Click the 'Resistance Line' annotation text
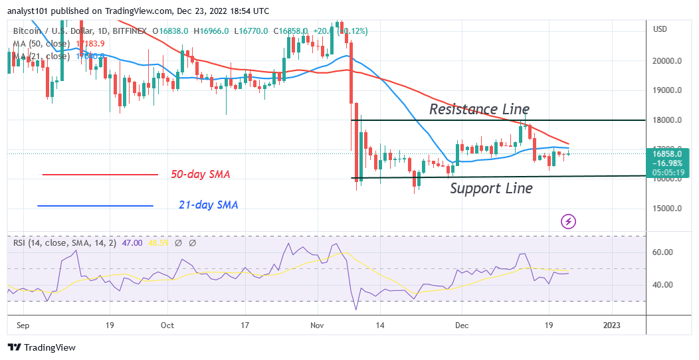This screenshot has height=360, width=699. (479, 109)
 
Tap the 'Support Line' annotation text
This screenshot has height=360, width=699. (491, 189)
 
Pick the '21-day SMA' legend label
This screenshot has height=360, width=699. (208, 205)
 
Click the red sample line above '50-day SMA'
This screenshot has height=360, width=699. (100, 175)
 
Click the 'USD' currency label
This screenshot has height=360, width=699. (660, 29)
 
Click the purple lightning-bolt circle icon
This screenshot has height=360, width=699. (568, 221)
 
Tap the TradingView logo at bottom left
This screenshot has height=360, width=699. (41, 347)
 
